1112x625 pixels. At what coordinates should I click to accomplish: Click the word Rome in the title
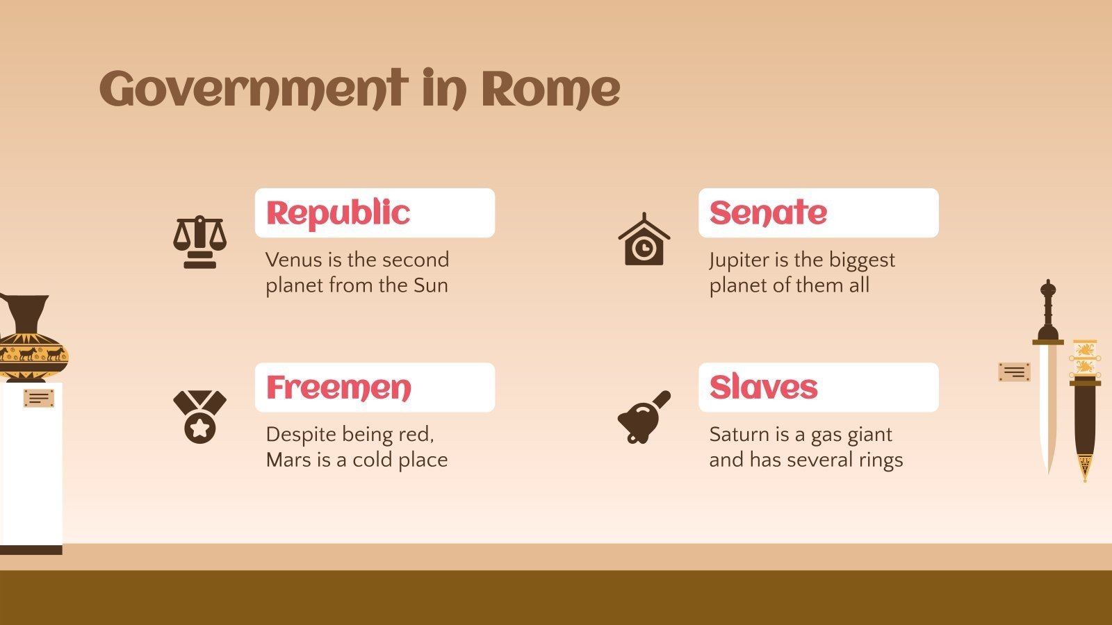point(550,90)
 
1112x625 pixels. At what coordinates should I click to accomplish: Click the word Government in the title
point(253,90)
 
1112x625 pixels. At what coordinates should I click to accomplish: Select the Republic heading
point(338,213)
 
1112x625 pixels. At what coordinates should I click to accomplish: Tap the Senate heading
point(768,213)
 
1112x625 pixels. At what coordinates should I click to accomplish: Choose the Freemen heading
point(338,387)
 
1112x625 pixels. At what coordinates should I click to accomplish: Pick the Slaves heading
point(763,387)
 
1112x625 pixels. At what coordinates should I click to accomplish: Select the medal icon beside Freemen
point(199,416)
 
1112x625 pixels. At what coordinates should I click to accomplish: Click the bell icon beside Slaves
point(644,417)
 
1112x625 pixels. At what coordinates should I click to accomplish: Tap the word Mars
point(288,460)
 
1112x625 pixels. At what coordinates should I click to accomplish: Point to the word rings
point(881,460)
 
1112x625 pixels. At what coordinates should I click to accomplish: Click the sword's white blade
point(1047,403)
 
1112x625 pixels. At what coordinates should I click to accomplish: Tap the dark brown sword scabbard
point(1084,417)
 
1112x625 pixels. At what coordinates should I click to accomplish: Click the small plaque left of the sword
point(1014,372)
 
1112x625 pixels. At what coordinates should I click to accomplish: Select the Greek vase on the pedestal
point(31,340)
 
